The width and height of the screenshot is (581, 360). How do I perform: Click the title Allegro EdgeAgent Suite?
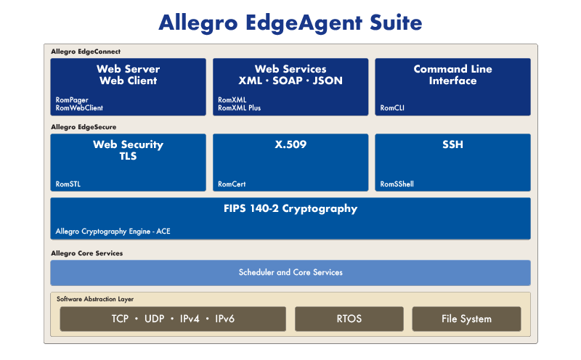pos(290,22)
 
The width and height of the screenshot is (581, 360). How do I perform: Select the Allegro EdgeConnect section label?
pos(86,52)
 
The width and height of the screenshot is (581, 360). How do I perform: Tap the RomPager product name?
pos(72,100)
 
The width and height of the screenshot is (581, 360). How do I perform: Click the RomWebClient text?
pos(79,108)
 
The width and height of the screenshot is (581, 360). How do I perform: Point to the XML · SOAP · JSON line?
pos(290,81)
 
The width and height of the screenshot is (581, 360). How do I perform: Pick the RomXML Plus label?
pos(240,108)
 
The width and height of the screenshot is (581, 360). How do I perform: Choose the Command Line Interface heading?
pos(452,75)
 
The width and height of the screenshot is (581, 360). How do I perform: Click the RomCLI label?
pos(392,108)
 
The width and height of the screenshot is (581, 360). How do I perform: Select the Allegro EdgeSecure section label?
pos(84,127)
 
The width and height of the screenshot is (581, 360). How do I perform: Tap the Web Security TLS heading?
pos(129,150)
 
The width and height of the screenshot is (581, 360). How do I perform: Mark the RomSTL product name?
pos(68,184)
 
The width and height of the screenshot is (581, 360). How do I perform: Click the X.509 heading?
pos(290,144)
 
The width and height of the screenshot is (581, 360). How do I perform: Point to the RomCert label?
pos(232,184)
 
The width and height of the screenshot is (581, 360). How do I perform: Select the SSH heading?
pos(452,144)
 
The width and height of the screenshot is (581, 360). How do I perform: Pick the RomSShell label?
pos(397,184)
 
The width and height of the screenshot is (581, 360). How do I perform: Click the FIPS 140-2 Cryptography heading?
pos(290,209)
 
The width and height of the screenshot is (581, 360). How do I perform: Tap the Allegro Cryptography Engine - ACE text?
pos(113,232)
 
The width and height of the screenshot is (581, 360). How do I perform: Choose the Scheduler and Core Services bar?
pos(290,273)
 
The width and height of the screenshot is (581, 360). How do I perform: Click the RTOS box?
pos(349,319)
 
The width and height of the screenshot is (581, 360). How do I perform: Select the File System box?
pos(466,319)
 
